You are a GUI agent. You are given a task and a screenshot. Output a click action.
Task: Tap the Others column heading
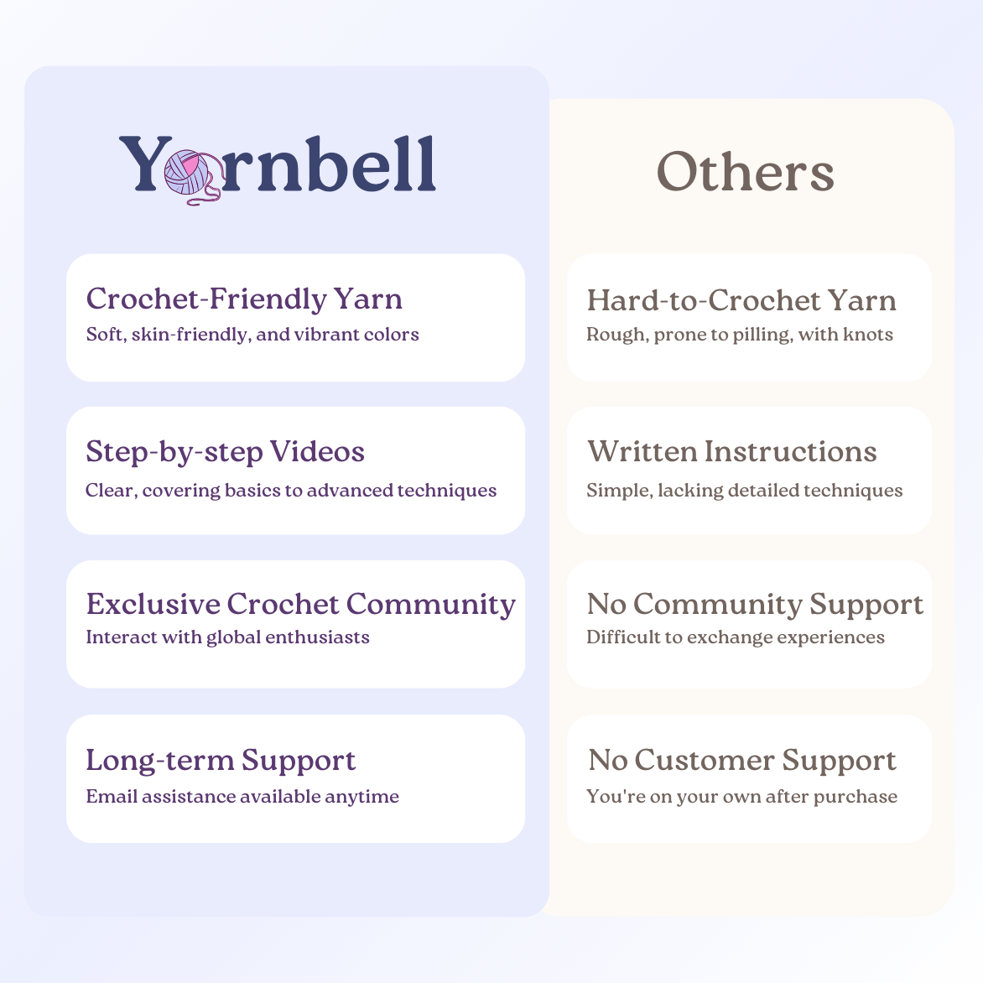pyautogui.click(x=745, y=172)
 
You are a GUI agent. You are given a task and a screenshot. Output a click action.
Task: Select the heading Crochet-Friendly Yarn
pyautogui.click(x=244, y=299)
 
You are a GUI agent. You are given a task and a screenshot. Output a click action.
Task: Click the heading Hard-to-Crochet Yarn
pyautogui.click(x=741, y=300)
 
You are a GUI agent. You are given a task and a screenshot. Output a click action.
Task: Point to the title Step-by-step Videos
pyautogui.click(x=225, y=452)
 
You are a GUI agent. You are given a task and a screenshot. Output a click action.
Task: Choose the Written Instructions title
pyautogui.click(x=731, y=451)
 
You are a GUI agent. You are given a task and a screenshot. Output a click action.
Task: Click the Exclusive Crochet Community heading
pyautogui.click(x=300, y=604)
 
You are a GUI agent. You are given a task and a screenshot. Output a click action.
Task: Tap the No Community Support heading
pyautogui.click(x=755, y=604)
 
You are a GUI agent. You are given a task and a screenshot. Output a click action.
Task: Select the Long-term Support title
pyautogui.click(x=221, y=760)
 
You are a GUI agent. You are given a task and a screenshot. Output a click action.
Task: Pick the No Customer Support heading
pyautogui.click(x=742, y=760)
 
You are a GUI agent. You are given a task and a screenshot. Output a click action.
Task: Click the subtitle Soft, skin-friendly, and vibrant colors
pyautogui.click(x=252, y=335)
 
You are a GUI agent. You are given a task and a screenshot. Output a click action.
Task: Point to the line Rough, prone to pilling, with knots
pyautogui.click(x=740, y=335)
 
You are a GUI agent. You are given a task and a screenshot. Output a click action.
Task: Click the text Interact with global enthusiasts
pyautogui.click(x=227, y=637)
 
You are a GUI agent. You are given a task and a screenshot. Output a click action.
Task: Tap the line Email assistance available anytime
pyautogui.click(x=242, y=797)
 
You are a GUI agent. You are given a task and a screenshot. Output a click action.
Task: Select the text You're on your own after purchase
pyautogui.click(x=741, y=797)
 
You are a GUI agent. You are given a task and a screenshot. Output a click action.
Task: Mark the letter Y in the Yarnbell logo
pyautogui.click(x=143, y=164)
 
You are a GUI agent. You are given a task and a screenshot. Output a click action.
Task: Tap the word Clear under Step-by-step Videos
pyautogui.click(x=109, y=491)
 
